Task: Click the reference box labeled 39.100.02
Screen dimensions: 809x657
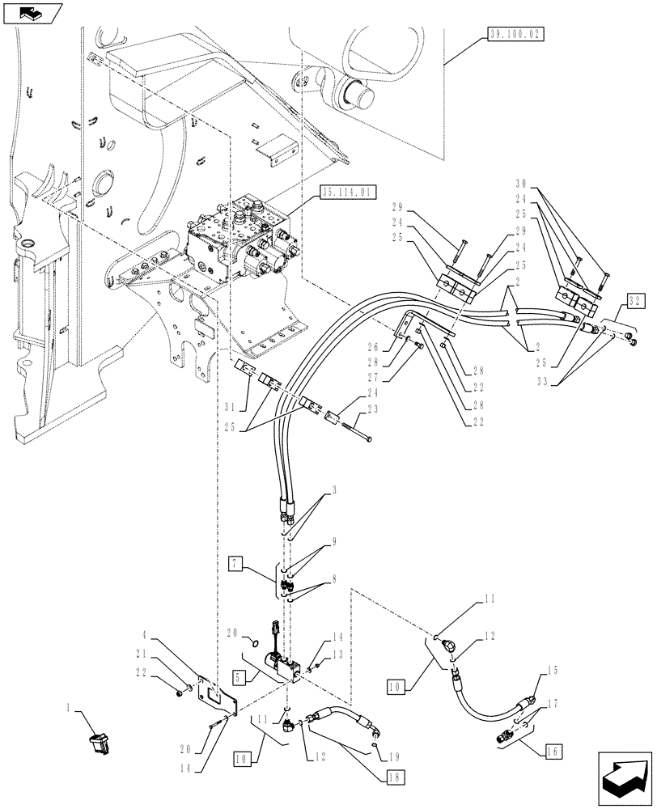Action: [x=515, y=34]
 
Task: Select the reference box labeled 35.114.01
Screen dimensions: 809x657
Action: [x=347, y=193]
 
